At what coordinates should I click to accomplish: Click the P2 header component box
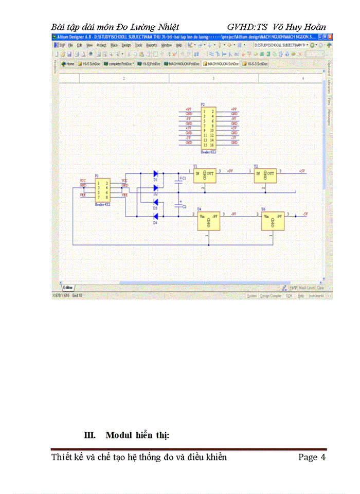point(208,128)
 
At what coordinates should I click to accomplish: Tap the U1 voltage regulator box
point(204,175)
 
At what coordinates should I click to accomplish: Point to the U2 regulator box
point(266,175)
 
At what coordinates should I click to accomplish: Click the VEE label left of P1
point(82,196)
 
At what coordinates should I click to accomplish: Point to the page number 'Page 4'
point(312,457)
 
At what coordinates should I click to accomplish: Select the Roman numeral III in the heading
point(90,435)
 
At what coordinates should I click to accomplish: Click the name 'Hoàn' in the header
point(314,27)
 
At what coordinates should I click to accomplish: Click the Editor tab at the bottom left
point(68,287)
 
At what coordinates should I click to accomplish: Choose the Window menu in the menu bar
point(166,45)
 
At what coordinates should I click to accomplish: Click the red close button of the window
point(330,38)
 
